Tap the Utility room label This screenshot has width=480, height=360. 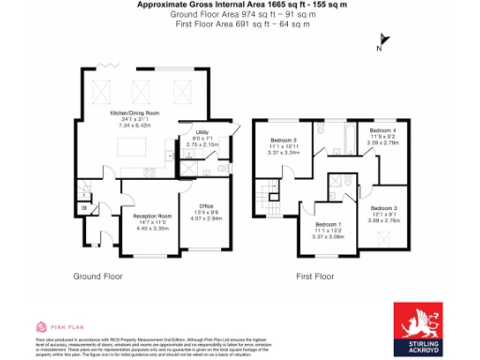202,132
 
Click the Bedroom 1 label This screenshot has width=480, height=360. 328,225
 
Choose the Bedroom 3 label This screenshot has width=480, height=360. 383,207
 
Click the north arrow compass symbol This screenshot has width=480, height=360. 379,43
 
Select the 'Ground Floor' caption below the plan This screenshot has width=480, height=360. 98,277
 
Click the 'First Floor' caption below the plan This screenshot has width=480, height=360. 315,277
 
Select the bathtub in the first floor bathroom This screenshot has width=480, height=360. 341,141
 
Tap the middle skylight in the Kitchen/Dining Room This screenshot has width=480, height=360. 142,91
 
